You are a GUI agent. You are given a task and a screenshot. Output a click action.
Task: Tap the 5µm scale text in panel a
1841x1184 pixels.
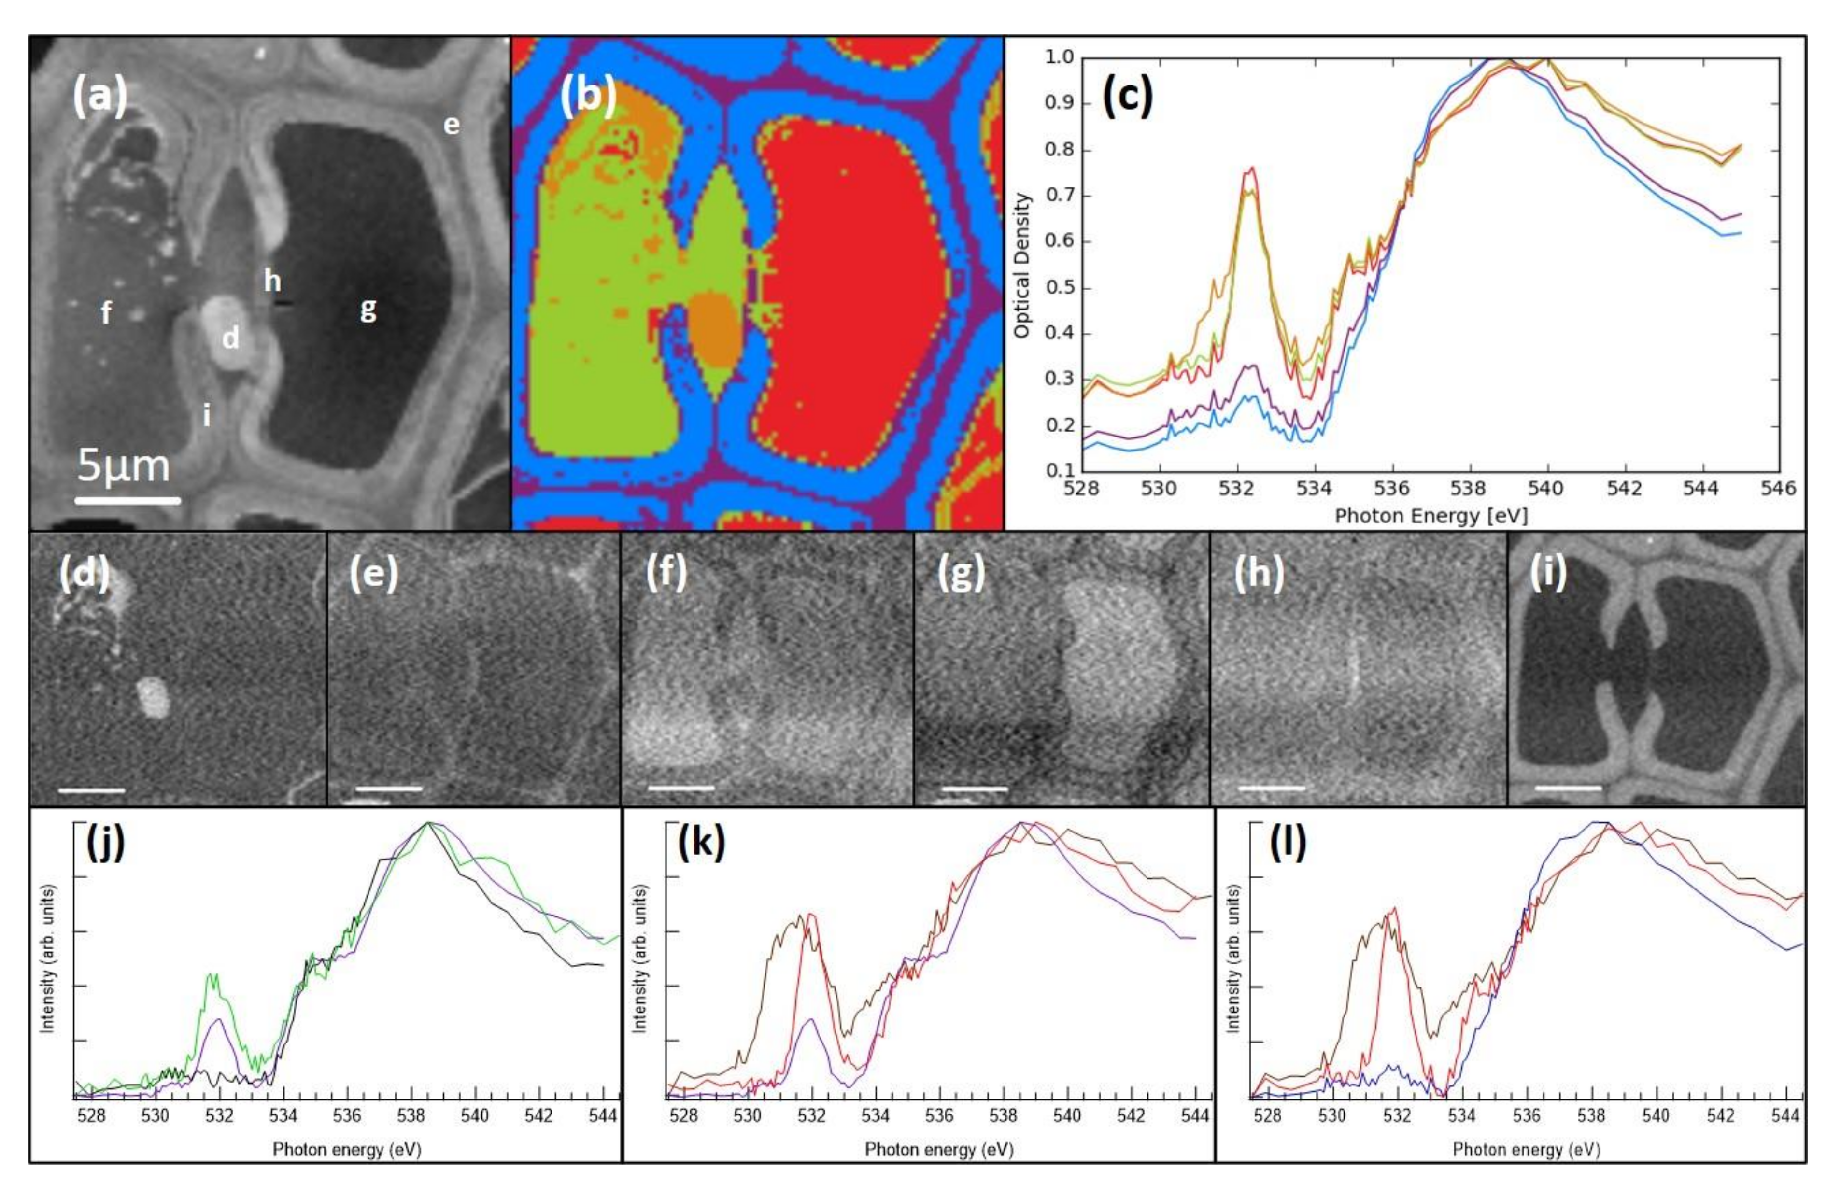pos(123,466)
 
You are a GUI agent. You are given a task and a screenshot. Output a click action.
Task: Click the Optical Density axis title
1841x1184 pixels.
pos(1021,265)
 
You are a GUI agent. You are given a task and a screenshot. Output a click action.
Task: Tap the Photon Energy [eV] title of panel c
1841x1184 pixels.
pos(1430,516)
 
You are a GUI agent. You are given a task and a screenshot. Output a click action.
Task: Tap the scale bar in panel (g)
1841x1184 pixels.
pos(974,789)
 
